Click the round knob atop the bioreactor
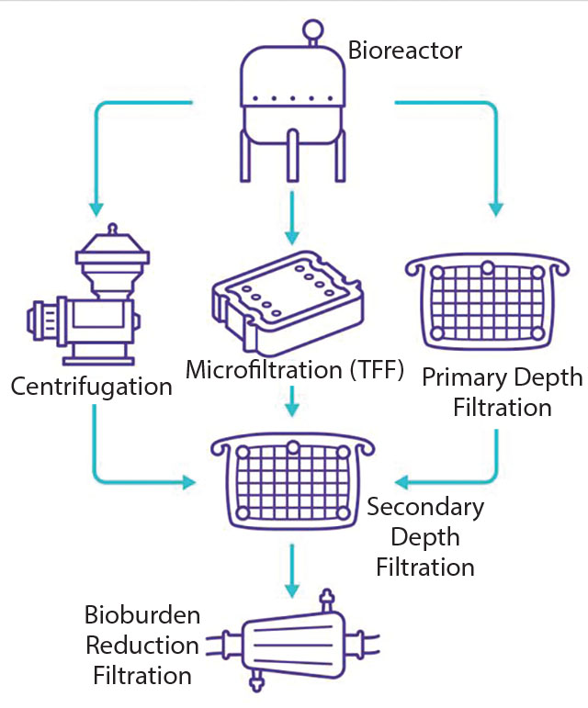(x=314, y=29)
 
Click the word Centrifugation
(x=91, y=387)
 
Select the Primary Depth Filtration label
(x=503, y=392)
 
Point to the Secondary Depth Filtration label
(x=424, y=537)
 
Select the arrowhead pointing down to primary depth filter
(x=496, y=208)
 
